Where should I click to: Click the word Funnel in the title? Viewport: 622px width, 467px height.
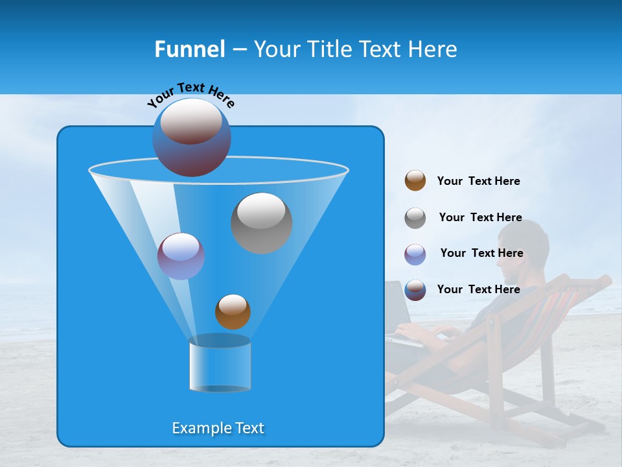point(189,49)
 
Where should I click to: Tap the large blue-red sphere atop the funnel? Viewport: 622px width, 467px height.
point(192,137)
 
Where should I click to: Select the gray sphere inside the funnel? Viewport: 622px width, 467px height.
point(261,222)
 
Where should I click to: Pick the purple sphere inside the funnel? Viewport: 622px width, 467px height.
point(181,256)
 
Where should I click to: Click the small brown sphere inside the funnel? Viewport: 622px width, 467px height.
point(233,311)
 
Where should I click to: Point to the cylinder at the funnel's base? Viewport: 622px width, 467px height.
point(220,363)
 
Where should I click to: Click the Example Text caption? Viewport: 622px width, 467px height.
point(218,428)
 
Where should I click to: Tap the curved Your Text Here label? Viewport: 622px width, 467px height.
point(191,95)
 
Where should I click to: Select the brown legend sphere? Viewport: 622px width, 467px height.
point(415,180)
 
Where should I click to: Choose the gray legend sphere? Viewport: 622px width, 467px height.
point(415,217)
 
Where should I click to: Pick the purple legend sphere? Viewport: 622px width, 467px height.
point(415,254)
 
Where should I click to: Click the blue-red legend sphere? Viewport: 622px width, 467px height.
point(415,290)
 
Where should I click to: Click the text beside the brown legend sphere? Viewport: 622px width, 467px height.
point(478,181)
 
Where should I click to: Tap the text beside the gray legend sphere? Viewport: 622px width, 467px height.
point(480,217)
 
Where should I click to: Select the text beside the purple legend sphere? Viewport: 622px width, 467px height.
point(481,253)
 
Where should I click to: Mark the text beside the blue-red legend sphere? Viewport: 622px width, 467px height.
point(478,289)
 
